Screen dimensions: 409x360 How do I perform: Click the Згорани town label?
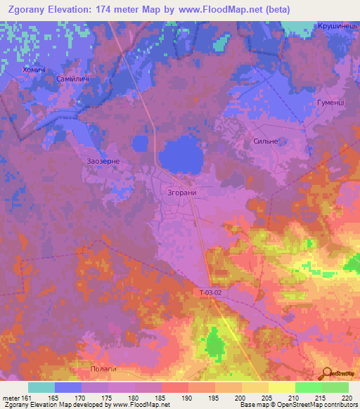tap(182, 192)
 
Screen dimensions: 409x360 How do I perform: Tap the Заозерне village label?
tap(105, 161)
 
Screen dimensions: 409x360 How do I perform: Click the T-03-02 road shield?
tap(209, 292)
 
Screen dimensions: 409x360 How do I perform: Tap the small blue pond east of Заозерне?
tap(140, 143)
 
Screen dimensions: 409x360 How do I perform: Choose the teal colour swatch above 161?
tap(41, 387)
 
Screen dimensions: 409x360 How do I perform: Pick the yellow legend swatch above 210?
tap(282, 387)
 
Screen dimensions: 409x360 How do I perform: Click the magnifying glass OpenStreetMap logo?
tap(326, 373)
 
